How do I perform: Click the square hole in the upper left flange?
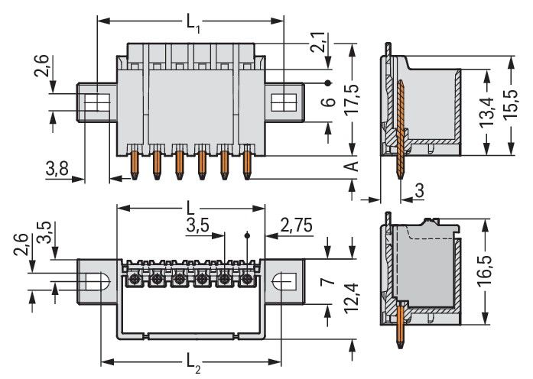96,102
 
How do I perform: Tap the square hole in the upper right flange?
282,102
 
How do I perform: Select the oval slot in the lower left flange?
96,280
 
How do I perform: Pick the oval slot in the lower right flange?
286,280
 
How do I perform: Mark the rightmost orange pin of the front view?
247,164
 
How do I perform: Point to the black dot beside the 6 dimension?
328,83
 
